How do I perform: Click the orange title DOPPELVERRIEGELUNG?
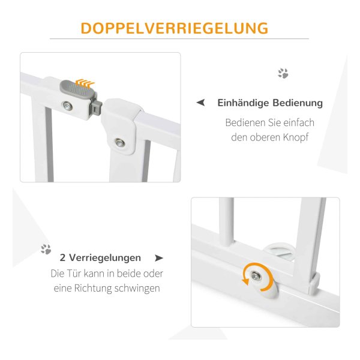(x=175, y=28)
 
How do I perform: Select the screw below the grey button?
(x=67, y=106)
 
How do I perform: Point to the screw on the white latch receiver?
(x=119, y=143)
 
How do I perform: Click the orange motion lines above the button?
(x=85, y=83)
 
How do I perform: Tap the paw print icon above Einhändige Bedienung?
(x=283, y=73)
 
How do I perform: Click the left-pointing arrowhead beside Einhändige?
(x=200, y=103)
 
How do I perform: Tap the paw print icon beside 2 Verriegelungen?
(x=46, y=249)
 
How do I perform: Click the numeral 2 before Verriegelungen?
(x=62, y=257)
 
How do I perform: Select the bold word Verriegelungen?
(x=105, y=258)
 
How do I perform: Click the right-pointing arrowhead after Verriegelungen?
(x=159, y=258)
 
